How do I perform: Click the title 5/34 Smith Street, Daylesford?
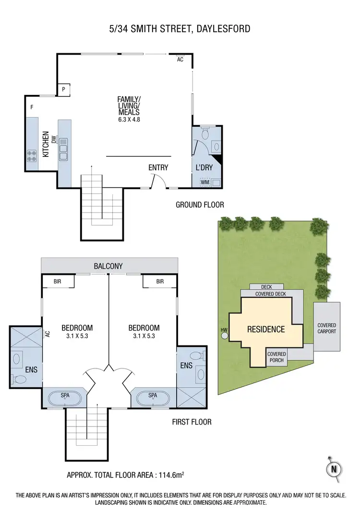click(180, 29)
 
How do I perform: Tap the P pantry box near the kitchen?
click(64, 89)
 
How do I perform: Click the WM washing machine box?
click(205, 182)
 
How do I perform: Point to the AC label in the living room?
click(180, 60)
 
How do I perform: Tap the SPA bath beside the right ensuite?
click(153, 399)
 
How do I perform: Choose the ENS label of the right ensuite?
click(186, 366)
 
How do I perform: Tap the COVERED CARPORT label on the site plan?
click(326, 328)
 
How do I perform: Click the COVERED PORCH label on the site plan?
click(276, 357)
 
